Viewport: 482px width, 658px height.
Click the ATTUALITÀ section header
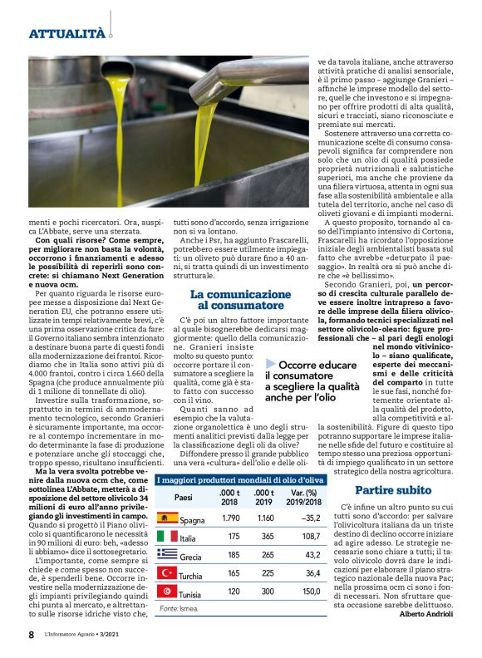(x=66, y=34)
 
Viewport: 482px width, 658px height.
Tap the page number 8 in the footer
(x=32, y=635)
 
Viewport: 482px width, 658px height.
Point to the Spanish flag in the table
(x=167, y=519)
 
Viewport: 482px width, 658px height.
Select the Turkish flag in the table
(x=167, y=573)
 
